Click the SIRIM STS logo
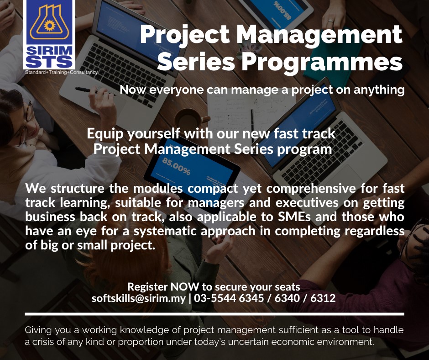[49, 34]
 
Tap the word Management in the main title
[319, 35]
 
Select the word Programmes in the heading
[322, 62]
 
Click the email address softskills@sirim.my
[139, 298]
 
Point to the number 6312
[323, 298]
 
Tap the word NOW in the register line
[185, 286]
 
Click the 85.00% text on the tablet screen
[176, 166]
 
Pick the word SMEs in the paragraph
[294, 217]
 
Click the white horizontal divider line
[214, 314]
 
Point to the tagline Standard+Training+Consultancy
[61, 72]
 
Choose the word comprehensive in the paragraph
[311, 189]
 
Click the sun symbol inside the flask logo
[50, 26]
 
